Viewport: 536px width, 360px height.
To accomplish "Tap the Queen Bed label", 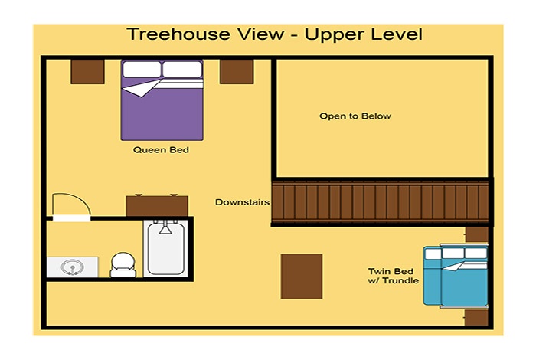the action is [161, 149].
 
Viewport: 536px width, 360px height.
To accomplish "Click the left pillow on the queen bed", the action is [142, 70].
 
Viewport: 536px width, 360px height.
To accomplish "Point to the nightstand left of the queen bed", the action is [87, 72].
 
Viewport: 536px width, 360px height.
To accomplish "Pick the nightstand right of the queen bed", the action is [237, 72].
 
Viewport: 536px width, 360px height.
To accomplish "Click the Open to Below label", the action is [355, 116].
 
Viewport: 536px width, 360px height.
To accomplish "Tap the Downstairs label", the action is [243, 202].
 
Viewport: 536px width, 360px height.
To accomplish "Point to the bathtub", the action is [166, 248].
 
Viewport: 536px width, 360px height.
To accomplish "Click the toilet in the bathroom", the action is [123, 264].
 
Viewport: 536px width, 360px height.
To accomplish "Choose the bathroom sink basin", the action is [72, 267].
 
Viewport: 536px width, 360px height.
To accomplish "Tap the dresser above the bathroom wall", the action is [157, 205].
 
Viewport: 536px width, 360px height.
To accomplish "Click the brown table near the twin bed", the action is [302, 277].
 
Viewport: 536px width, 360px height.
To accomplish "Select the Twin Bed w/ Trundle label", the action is [393, 276].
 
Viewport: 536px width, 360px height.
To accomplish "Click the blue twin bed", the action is [456, 276].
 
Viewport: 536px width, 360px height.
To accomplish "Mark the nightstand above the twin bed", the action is [477, 234].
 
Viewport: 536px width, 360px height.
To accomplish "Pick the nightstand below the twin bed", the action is [476, 317].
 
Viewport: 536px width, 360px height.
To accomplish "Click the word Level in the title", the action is [397, 34].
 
